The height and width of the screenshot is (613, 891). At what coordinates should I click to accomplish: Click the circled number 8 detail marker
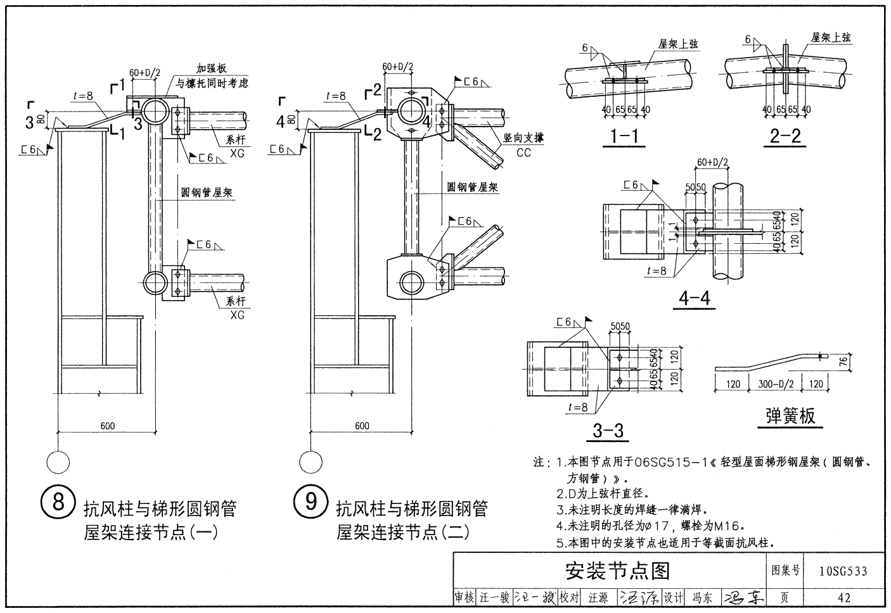point(58,502)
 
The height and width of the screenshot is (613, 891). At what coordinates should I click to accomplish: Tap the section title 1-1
point(623,136)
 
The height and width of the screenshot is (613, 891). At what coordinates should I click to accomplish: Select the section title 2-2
point(785,136)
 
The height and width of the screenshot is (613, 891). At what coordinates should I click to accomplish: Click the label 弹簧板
point(790,415)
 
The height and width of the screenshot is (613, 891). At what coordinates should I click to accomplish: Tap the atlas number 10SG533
point(843,572)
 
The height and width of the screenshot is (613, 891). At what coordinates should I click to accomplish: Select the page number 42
point(843,597)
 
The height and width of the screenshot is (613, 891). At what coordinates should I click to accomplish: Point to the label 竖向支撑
point(523,138)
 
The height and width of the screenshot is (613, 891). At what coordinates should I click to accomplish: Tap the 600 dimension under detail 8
point(108,426)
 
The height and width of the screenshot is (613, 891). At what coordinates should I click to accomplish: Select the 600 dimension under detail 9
point(362,426)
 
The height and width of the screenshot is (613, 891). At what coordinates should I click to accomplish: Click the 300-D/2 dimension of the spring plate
point(774,384)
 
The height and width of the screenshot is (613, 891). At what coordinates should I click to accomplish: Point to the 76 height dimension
point(861,362)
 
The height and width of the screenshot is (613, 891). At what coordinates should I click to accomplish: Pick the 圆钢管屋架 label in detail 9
point(473,187)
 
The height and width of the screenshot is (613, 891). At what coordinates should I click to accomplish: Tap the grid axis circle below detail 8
point(58,462)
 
